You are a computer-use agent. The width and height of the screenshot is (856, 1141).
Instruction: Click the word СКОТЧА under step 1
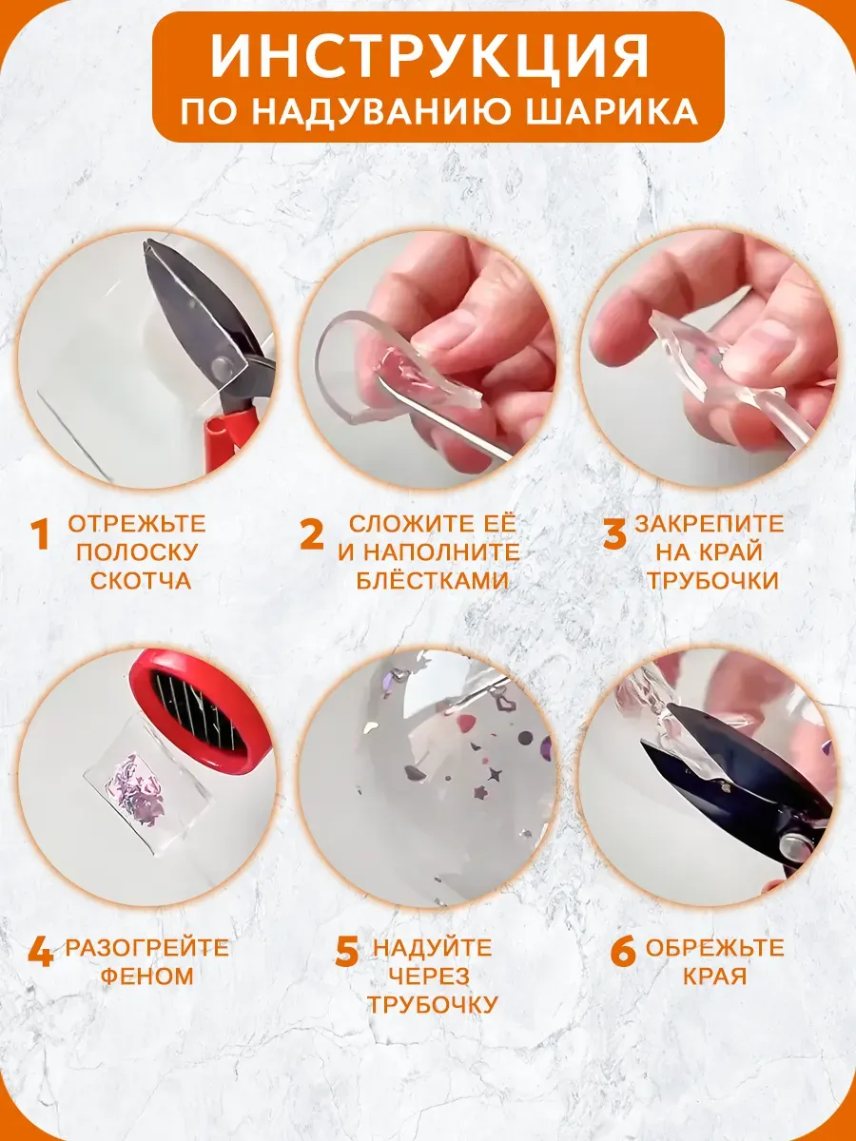(141, 580)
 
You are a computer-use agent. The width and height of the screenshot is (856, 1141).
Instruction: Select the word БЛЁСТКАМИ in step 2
(432, 580)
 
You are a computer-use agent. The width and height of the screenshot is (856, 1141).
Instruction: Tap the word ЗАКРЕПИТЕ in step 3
(709, 524)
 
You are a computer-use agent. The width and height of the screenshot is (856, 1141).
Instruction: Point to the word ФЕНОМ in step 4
(146, 976)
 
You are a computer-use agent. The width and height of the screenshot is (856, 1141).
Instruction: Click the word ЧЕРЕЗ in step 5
(429, 976)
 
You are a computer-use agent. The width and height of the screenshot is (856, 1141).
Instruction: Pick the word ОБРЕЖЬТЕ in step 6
(714, 948)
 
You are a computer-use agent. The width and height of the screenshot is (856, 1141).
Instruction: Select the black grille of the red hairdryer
(197, 707)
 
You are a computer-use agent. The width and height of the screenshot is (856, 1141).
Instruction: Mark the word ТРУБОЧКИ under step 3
(712, 580)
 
